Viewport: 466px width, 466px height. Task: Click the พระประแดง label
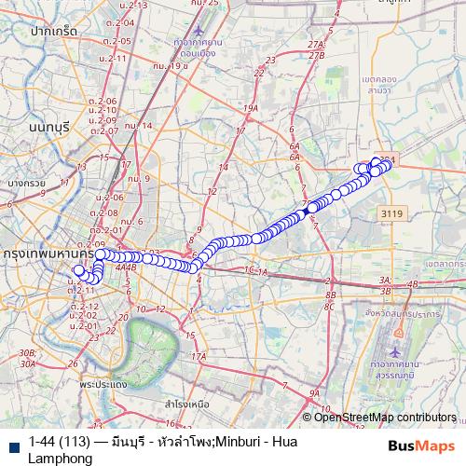[103, 383]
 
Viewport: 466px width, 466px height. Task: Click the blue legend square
[13, 444]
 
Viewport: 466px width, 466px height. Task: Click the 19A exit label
[250, 109]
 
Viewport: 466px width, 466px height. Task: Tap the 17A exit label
[198, 357]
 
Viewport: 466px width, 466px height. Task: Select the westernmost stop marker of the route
[80, 271]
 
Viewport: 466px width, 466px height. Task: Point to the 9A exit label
[314, 394]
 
